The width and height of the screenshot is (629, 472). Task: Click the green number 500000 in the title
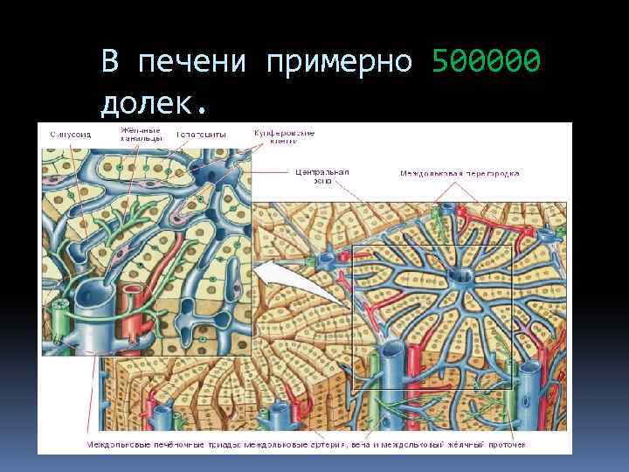pyautogui.click(x=486, y=62)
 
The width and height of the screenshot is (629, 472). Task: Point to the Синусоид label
pyautogui.click(x=67, y=135)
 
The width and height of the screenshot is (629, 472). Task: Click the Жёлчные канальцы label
pyautogui.click(x=140, y=134)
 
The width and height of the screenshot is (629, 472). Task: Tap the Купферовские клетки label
pyautogui.click(x=285, y=135)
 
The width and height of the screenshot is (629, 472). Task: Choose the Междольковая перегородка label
pyautogui.click(x=460, y=173)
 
